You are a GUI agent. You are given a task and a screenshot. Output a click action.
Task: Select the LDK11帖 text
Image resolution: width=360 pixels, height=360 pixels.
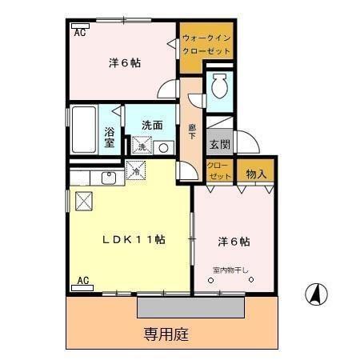tap(133, 240)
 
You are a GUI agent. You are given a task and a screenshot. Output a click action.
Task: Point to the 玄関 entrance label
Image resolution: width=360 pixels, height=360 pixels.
tap(219, 145)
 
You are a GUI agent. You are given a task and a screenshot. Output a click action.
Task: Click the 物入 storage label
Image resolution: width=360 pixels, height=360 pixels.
tap(255, 173)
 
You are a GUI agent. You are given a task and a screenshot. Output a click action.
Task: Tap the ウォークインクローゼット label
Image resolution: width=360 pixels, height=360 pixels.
tap(206, 43)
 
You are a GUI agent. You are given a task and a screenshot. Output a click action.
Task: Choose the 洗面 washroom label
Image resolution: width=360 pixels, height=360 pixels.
tap(153, 125)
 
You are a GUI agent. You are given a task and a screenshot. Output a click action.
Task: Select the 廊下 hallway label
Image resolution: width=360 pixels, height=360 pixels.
tap(192, 131)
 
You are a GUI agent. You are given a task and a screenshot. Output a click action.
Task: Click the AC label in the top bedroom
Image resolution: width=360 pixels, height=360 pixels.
tap(81, 33)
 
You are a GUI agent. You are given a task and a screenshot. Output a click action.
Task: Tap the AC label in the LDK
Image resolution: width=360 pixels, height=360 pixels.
tap(83, 281)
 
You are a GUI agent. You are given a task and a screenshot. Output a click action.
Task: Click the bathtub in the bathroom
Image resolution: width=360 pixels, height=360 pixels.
tap(83, 129)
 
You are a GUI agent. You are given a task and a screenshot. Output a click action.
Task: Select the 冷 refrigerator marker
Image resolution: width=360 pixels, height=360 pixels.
tap(136, 170)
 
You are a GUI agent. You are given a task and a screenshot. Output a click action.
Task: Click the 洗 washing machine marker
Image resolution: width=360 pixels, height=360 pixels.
tap(142, 147)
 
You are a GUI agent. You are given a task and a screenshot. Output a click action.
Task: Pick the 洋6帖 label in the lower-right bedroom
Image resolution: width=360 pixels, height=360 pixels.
tap(233, 240)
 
